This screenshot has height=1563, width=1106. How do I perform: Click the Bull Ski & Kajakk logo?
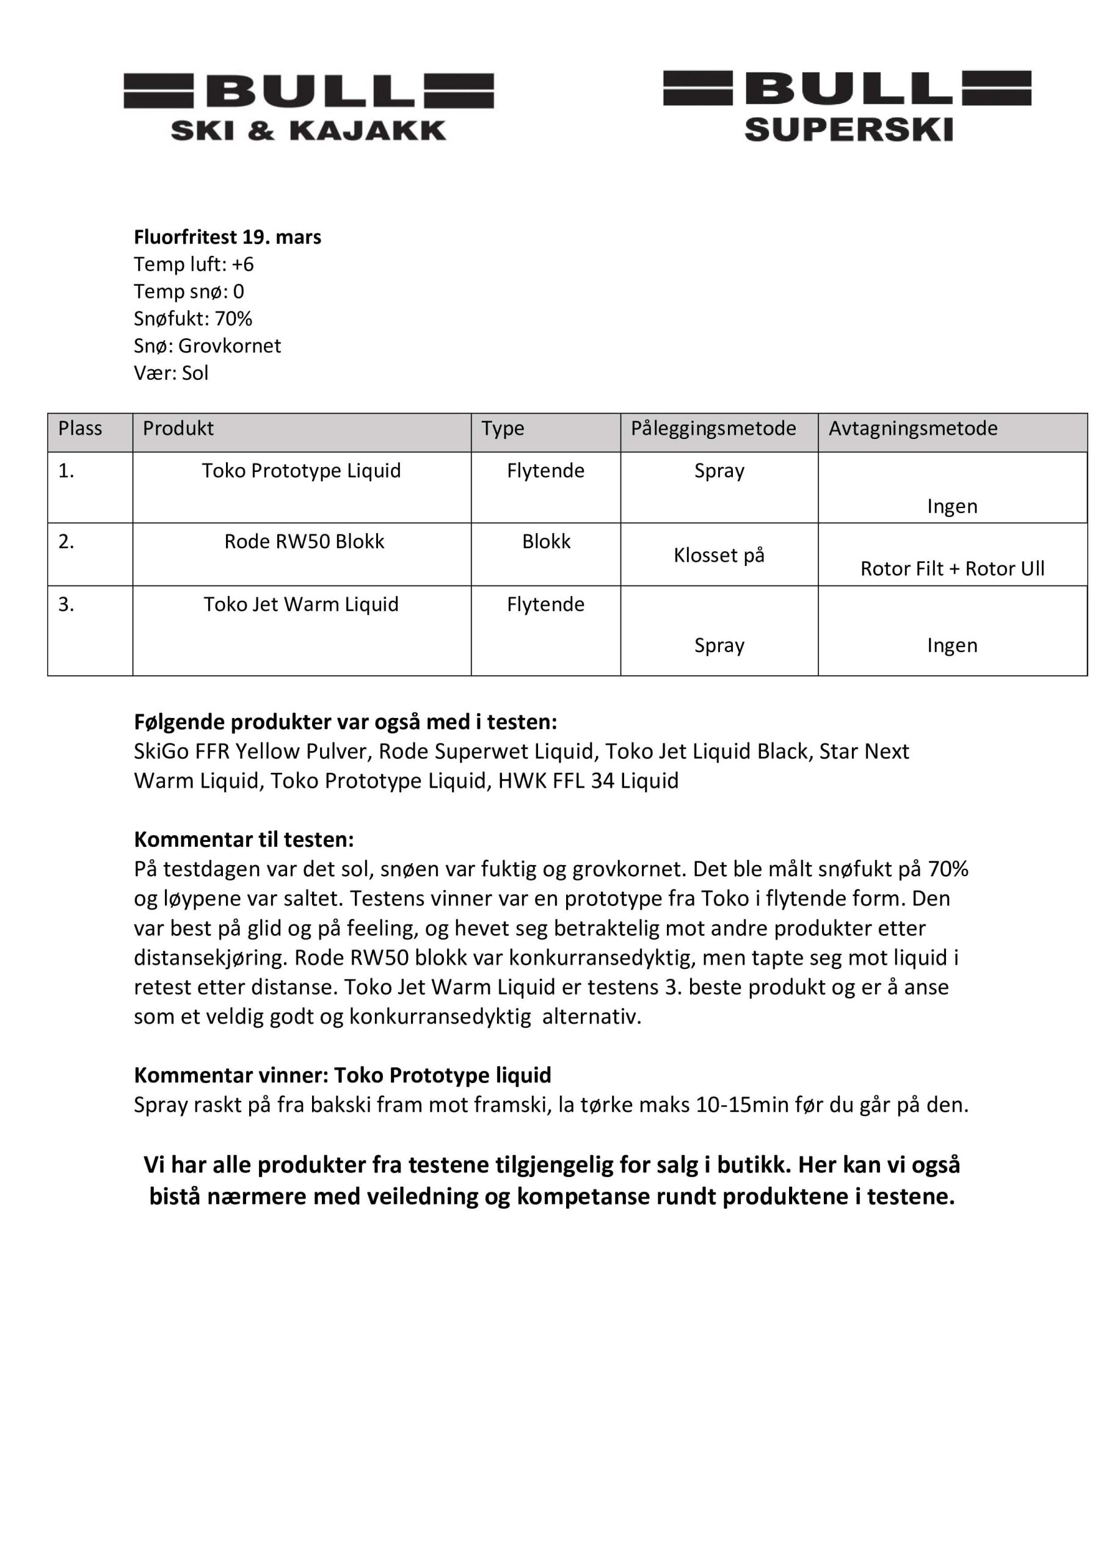(x=308, y=107)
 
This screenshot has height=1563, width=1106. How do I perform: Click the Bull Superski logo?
(x=847, y=106)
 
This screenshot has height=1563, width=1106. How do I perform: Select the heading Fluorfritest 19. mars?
(x=227, y=237)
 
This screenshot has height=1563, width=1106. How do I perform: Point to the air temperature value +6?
(x=242, y=264)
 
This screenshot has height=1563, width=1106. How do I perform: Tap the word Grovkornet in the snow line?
(x=230, y=346)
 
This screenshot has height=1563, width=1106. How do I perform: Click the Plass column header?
(x=81, y=428)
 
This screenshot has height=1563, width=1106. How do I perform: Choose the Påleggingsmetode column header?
(x=713, y=428)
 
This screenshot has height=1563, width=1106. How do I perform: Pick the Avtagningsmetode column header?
(x=912, y=428)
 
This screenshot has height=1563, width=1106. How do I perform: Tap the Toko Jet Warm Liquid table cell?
(x=301, y=604)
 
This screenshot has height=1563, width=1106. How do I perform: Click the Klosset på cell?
(x=719, y=555)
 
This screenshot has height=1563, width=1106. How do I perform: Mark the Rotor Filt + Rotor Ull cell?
(x=952, y=568)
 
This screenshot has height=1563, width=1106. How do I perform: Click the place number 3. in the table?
(x=66, y=604)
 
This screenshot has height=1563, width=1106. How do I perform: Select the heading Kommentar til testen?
(x=244, y=840)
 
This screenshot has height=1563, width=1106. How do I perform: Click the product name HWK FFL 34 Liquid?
(x=588, y=780)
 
